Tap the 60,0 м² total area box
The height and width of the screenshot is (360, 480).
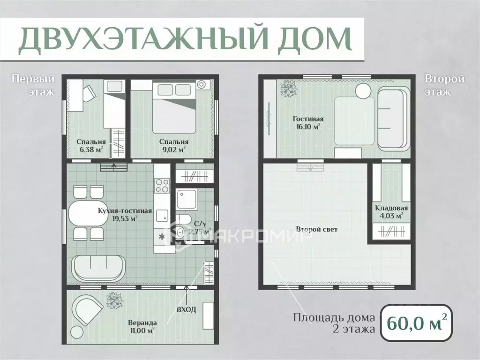[415, 323]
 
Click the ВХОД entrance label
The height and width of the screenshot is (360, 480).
[187, 310]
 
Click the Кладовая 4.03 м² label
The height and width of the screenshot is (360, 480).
[391, 212]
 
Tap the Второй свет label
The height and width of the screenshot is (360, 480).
[317, 230]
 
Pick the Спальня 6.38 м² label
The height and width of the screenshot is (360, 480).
[91, 145]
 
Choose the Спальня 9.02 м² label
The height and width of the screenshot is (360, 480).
[173, 145]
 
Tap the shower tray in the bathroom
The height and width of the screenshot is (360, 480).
[186, 199]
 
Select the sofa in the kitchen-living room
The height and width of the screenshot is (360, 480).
[98, 268]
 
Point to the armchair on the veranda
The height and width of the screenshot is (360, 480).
[87, 309]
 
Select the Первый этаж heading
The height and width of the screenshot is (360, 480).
[33, 84]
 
